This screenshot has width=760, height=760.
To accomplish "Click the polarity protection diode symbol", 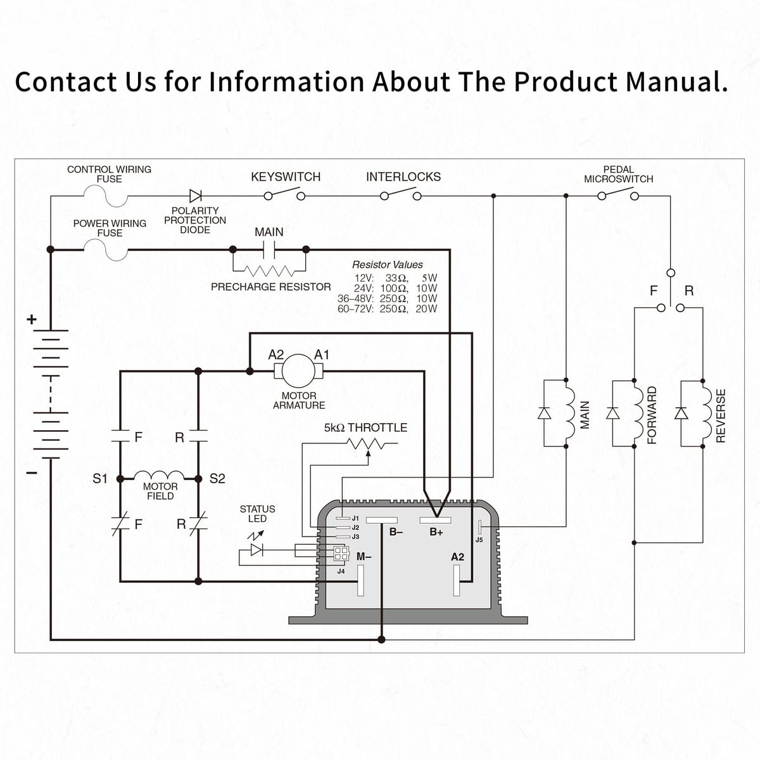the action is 196,196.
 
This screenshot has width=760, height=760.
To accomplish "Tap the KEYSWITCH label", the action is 286,177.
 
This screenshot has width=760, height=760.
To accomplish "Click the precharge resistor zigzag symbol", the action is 269,270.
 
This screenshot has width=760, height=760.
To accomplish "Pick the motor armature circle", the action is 298,370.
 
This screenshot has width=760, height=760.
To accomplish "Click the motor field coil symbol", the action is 159,475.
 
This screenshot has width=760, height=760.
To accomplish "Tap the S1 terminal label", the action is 100,479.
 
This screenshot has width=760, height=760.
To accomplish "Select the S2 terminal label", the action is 217,479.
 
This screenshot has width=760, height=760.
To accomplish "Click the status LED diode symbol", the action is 256,550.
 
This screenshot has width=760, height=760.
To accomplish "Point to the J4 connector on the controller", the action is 341,554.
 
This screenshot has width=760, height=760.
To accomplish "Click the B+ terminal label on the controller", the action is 436,533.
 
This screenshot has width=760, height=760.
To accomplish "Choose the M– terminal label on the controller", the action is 364,557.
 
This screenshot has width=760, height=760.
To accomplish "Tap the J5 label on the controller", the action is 479,540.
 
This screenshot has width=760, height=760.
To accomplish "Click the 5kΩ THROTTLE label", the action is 365,427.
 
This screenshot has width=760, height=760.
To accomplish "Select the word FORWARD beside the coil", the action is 652,415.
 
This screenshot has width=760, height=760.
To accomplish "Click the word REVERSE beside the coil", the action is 721,415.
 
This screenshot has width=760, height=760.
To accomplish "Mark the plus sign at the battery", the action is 32,319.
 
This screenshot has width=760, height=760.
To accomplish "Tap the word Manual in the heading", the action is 676,82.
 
